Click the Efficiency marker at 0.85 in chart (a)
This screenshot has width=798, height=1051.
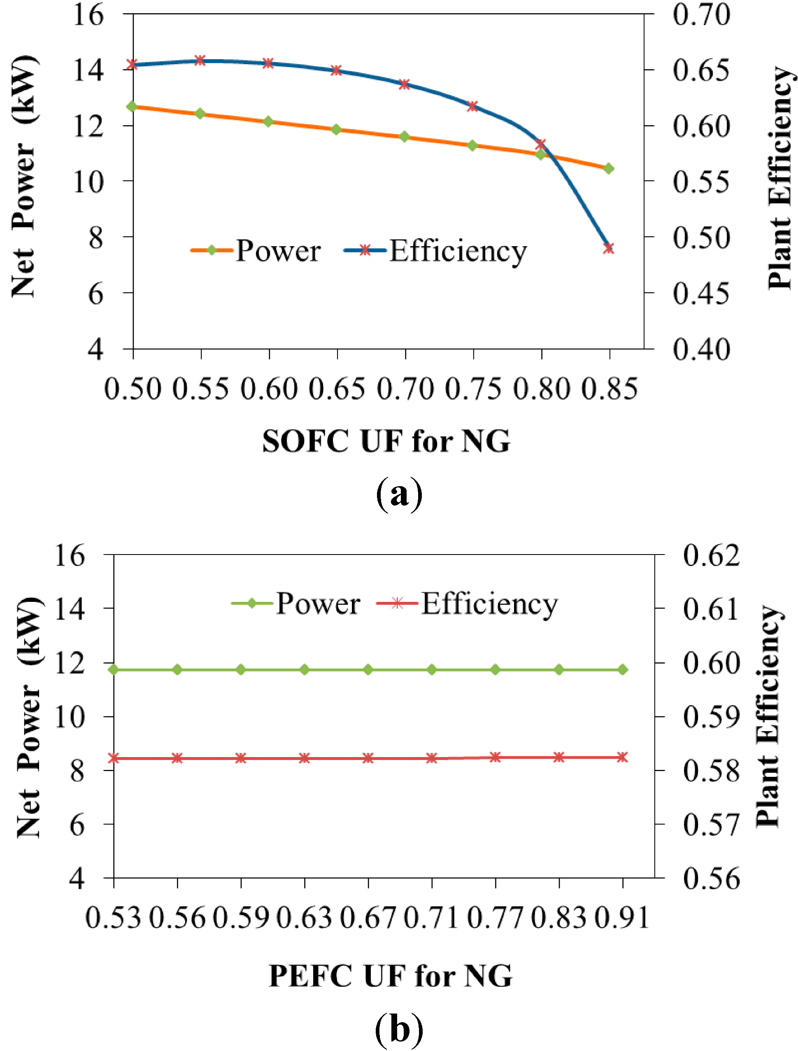point(608,248)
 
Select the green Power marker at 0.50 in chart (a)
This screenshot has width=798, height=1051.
point(132,107)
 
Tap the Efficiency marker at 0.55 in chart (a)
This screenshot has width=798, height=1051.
point(200,61)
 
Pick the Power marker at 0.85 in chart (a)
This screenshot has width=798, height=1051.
point(608,168)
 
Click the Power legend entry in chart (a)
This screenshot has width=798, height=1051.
point(256,250)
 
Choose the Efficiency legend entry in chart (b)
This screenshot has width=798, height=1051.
point(468,604)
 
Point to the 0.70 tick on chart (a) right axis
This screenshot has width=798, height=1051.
point(701,15)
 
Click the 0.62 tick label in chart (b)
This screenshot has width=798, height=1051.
point(711,555)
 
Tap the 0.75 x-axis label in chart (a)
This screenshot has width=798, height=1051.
point(473,389)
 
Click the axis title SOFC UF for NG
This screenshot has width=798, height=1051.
point(386,441)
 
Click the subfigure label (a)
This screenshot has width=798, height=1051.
point(399,494)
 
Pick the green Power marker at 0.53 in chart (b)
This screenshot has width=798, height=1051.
point(114,669)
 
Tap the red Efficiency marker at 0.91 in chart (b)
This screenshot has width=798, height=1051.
point(622,757)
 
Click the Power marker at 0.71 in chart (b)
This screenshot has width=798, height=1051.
point(432,669)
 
